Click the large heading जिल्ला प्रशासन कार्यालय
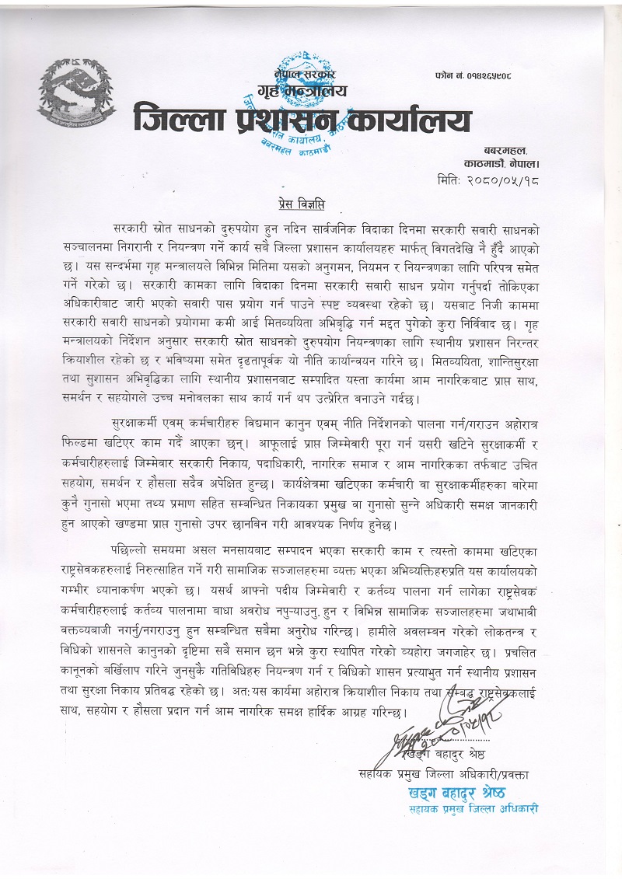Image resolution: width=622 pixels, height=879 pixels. pyautogui.click(x=302, y=120)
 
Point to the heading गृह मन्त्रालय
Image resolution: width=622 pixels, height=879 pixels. pyautogui.click(x=305, y=92)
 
